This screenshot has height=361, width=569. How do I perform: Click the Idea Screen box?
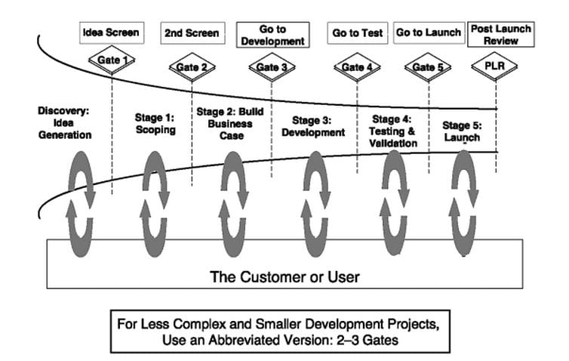tap(112, 33)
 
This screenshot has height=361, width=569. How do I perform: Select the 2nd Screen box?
tap(192, 33)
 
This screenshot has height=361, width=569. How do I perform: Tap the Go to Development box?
tap(273, 35)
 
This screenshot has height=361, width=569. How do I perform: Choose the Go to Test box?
tap(358, 33)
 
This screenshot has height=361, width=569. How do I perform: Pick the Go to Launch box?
tap(429, 32)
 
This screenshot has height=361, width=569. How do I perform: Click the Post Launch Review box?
tap(501, 35)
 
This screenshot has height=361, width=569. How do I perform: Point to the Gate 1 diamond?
tap(112, 60)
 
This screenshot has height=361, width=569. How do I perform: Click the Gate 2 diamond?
tap(192, 67)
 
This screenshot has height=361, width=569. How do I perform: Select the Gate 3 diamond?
tap(272, 67)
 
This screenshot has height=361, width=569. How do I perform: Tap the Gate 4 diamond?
tap(357, 67)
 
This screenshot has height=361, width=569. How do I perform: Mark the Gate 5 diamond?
tap(428, 67)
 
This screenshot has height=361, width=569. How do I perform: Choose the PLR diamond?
tap(495, 66)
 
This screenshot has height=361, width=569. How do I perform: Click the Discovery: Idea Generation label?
tap(65, 123)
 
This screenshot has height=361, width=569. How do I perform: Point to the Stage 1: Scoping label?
tap(155, 124)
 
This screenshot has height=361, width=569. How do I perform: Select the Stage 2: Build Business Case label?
tap(230, 124)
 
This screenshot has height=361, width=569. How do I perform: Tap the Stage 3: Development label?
tap(313, 126)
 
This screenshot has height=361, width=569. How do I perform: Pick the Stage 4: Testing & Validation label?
tap(392, 131)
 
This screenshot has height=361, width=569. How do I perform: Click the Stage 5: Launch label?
tap(462, 131)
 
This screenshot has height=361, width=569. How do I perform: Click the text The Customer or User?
tap(284, 276)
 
